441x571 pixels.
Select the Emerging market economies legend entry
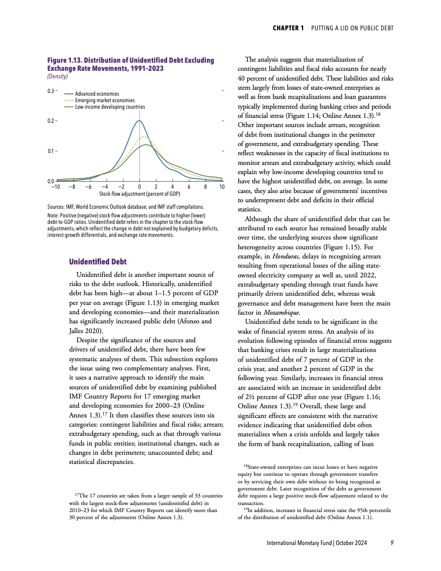click(105, 101)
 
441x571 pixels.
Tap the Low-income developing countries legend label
click(110, 107)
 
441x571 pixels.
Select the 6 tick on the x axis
click(189, 187)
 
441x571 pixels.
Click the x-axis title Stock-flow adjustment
click(140, 193)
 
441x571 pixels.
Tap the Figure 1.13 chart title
click(130, 64)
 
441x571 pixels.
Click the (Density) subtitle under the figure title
click(59, 77)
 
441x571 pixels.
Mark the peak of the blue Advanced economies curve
click(139, 121)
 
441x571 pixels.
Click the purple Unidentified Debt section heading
click(97, 262)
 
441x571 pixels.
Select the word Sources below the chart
click(57, 207)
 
